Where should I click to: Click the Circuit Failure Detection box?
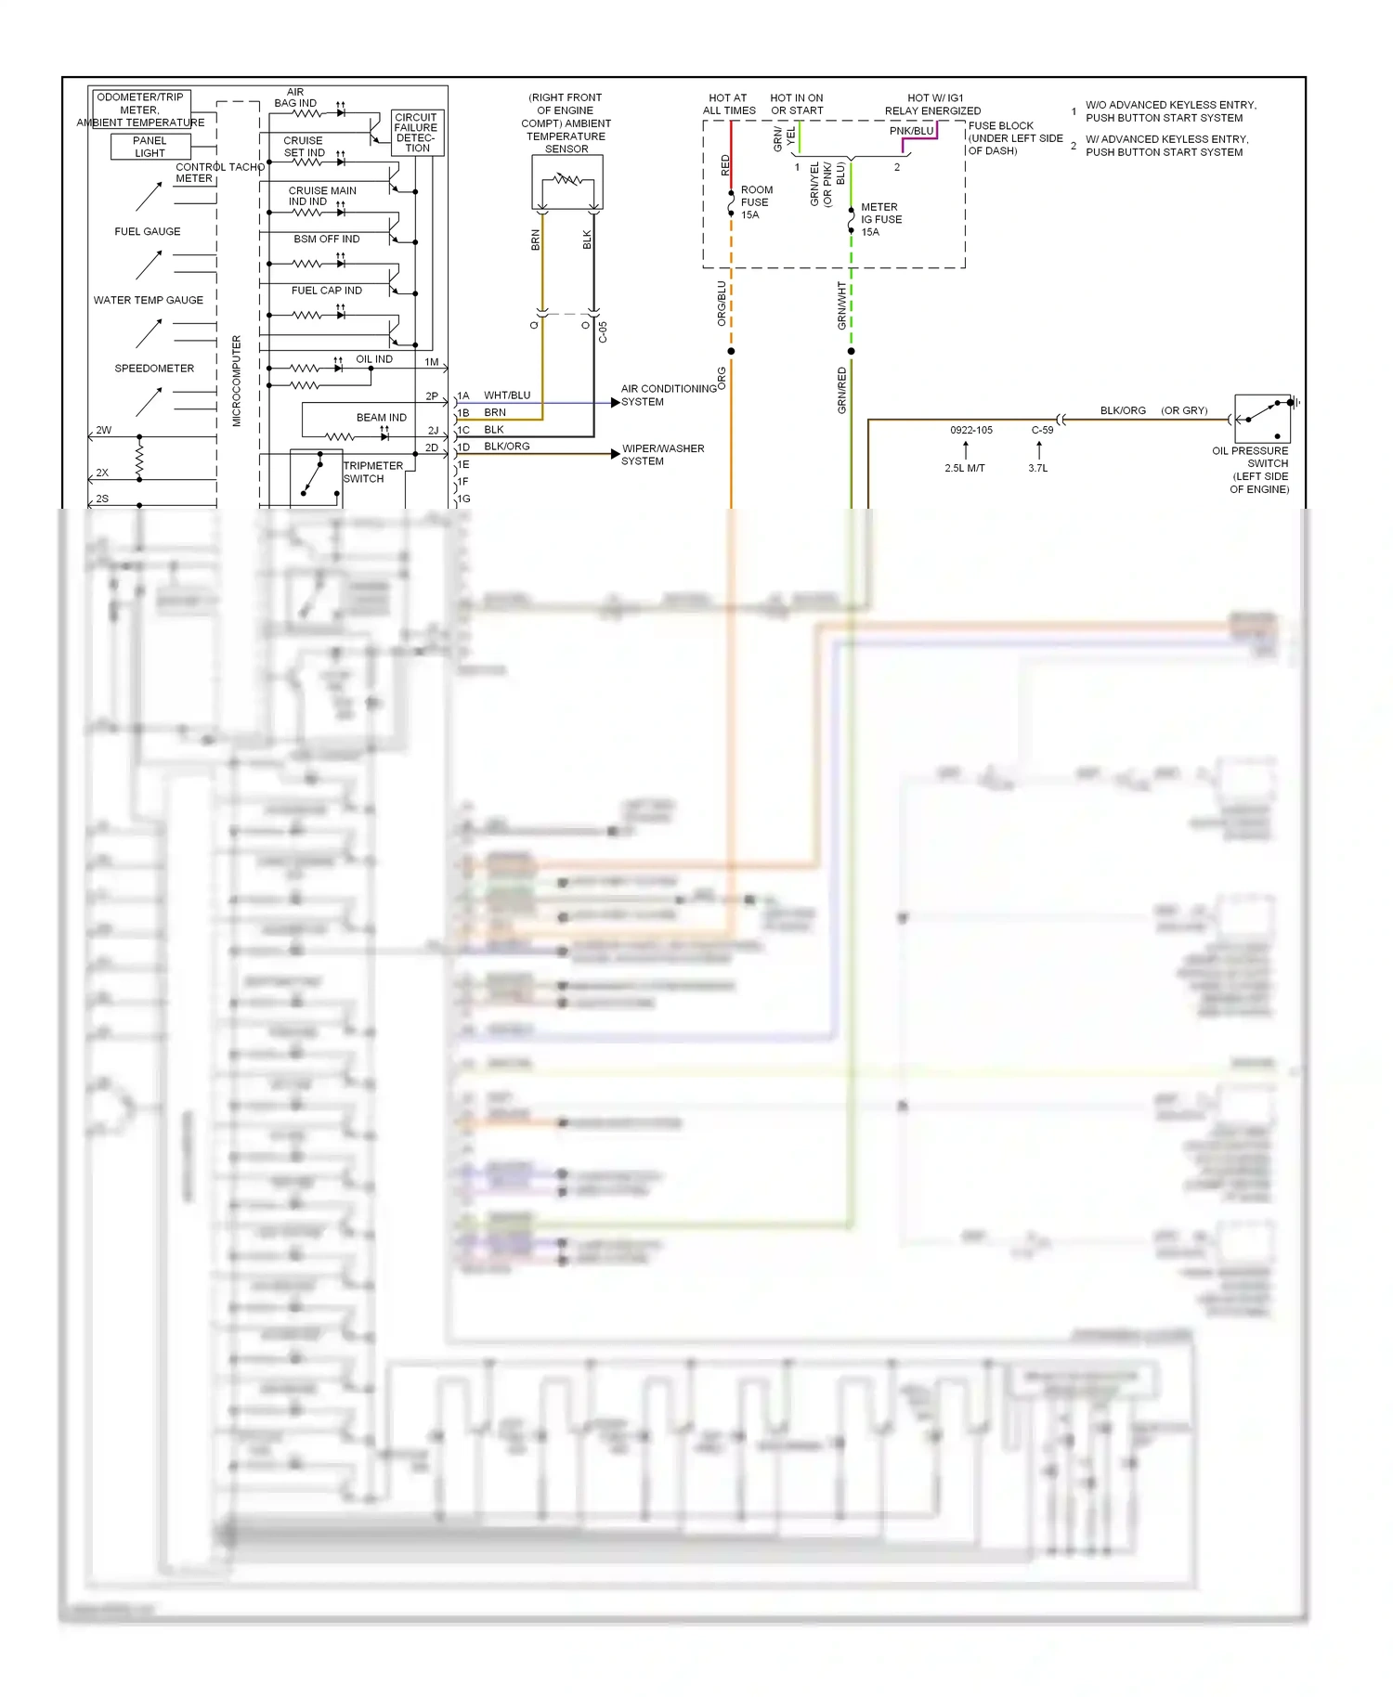[x=417, y=133]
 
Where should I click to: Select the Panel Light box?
[x=150, y=147]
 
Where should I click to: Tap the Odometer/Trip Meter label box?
[x=140, y=103]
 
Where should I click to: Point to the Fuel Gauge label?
[x=148, y=231]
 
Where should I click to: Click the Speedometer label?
[x=154, y=369]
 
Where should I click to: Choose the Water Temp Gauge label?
[x=149, y=300]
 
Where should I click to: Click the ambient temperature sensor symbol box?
[x=567, y=182]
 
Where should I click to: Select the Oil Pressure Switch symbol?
[x=1262, y=418]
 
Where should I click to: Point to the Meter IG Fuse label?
[x=880, y=220]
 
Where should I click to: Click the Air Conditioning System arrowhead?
[x=615, y=403]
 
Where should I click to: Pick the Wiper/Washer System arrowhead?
[x=615, y=454]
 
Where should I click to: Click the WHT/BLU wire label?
[x=507, y=395]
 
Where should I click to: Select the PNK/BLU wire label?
[x=911, y=131]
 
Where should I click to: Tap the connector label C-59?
[x=1042, y=430]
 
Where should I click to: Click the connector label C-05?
[x=603, y=332]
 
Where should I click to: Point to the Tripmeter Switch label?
[x=373, y=473]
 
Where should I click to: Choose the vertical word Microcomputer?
[x=237, y=381]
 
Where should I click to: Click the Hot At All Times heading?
[x=729, y=104]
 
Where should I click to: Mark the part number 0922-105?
[x=970, y=430]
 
